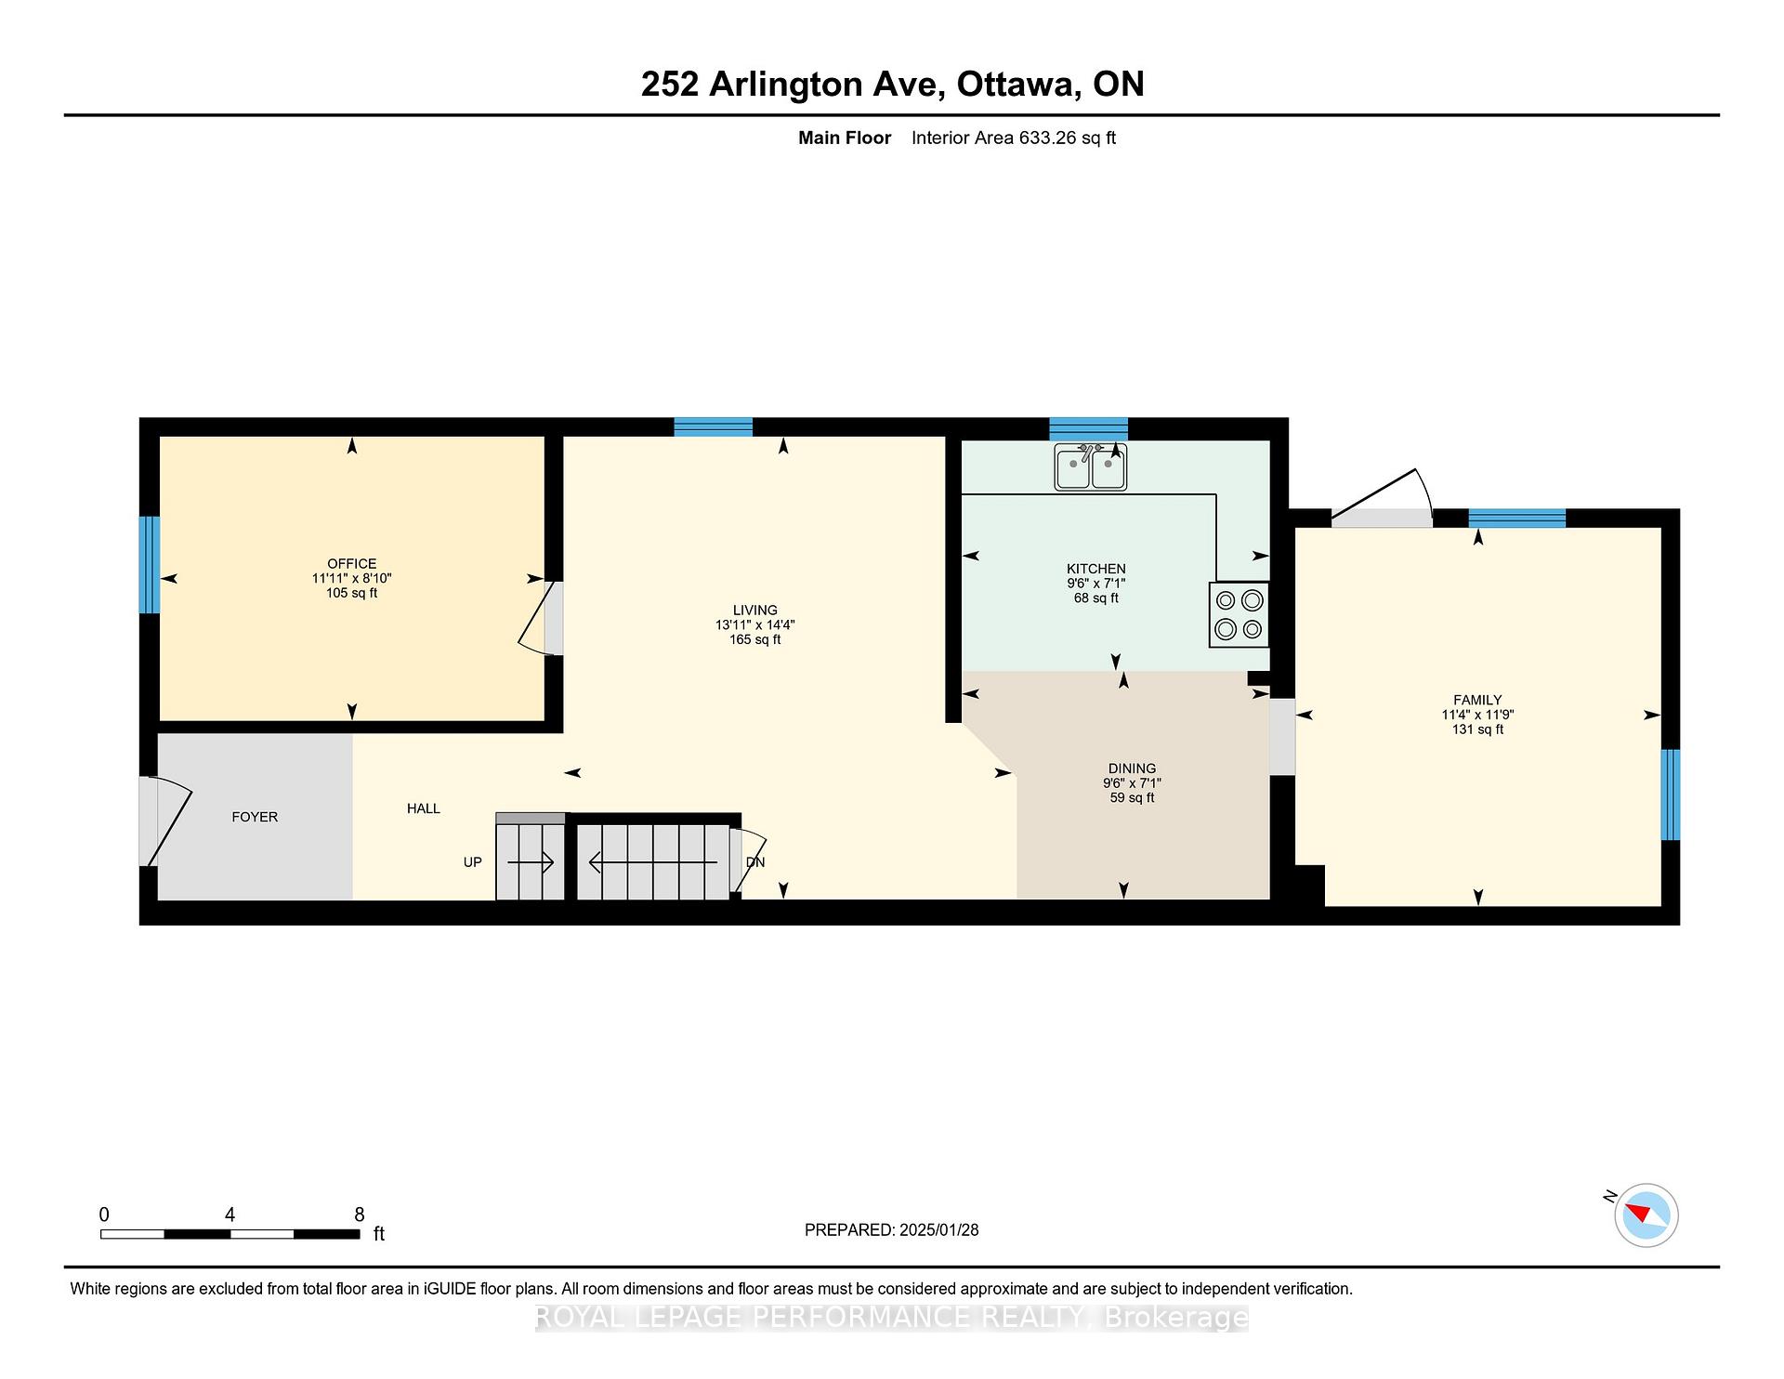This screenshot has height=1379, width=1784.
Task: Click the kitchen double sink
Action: click(x=1090, y=466)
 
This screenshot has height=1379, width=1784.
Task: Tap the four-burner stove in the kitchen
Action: click(x=1239, y=614)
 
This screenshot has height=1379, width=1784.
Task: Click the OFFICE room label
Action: click(x=351, y=564)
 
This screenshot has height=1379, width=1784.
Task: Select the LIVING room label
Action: click(x=754, y=611)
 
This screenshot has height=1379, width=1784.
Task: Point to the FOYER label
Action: click(x=255, y=817)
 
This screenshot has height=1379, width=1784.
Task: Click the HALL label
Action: click(x=423, y=808)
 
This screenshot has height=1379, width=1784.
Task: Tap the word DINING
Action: click(x=1132, y=768)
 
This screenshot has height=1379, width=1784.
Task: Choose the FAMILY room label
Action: click(x=1477, y=701)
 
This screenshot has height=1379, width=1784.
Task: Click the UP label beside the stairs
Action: click(x=472, y=862)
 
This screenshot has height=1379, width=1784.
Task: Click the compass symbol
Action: click(x=1646, y=1215)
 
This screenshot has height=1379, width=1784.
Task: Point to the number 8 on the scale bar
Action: click(x=360, y=1215)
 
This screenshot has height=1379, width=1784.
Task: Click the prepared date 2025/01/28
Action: click(x=938, y=1229)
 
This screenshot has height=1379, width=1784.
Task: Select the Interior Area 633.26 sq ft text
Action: click(x=1013, y=138)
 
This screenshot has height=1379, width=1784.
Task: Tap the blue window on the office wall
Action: click(x=150, y=565)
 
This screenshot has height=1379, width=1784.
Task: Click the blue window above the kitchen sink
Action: click(x=1088, y=429)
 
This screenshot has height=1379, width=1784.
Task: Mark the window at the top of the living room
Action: click(x=713, y=427)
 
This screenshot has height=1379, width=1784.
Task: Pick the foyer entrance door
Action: click(x=164, y=821)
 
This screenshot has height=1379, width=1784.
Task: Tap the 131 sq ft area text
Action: click(x=1477, y=730)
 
